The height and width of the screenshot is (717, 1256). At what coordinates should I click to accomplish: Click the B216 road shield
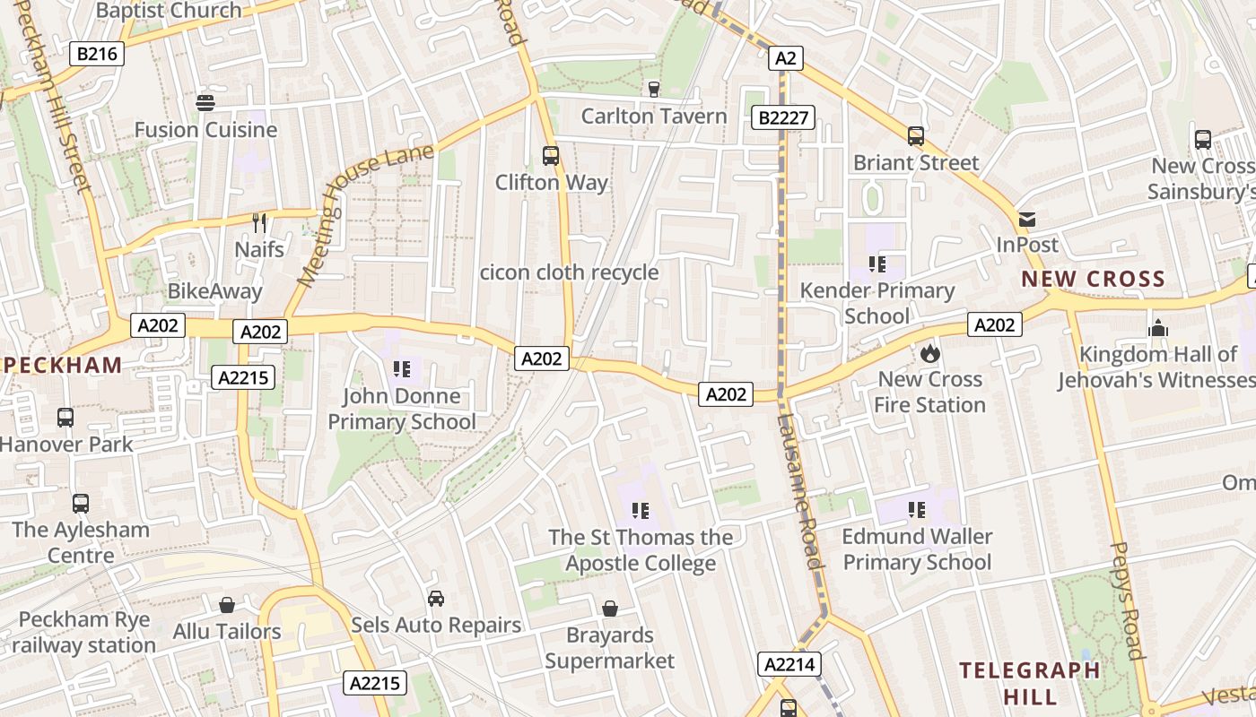97,54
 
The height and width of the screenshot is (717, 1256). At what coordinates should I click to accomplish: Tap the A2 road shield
785,58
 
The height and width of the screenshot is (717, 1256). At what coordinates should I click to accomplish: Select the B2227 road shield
783,117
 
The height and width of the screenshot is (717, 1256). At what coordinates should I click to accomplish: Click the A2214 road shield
790,664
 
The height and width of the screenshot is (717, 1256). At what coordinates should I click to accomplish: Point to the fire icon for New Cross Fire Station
929,353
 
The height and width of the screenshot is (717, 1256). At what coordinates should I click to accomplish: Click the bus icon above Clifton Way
551,156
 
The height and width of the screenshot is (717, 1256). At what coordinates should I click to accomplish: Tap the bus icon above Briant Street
915,136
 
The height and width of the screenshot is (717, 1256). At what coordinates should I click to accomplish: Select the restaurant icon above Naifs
259,222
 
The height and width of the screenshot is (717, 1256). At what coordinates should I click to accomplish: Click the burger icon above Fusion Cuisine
205,102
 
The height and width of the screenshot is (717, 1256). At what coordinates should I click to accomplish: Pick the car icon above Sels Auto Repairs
436,598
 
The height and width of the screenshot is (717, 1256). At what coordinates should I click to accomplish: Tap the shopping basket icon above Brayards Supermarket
610,609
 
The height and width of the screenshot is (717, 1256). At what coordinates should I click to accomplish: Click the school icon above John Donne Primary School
401,368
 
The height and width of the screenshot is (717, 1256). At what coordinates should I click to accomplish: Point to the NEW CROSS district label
1093,279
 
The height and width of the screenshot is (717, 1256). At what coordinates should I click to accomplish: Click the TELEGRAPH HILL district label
1029,683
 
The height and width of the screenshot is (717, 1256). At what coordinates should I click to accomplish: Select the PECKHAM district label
63,365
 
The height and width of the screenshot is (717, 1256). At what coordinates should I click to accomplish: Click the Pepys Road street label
1129,600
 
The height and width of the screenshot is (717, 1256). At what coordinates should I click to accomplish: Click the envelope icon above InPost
1027,219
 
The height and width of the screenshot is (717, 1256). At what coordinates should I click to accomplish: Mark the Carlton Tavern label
654,117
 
